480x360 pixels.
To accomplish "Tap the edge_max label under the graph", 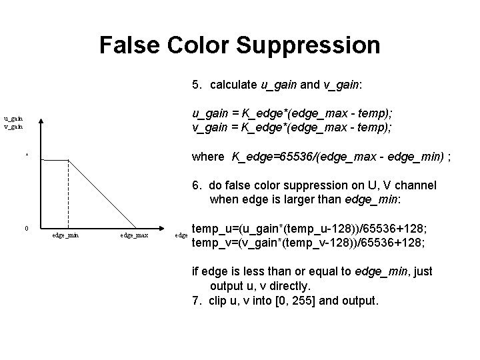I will [134, 235].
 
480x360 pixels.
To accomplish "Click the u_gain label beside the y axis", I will [13, 117].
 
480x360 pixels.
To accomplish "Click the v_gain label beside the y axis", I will [13, 125].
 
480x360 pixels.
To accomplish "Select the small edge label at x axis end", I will [181, 235].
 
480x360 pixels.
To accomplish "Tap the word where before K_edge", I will [208, 157].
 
